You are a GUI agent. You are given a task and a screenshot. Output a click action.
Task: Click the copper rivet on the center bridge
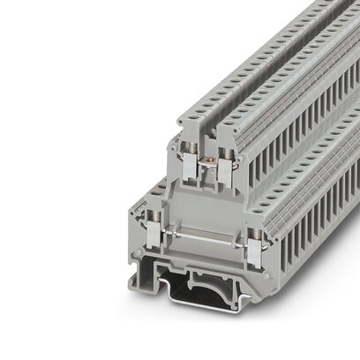pos(207,158)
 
